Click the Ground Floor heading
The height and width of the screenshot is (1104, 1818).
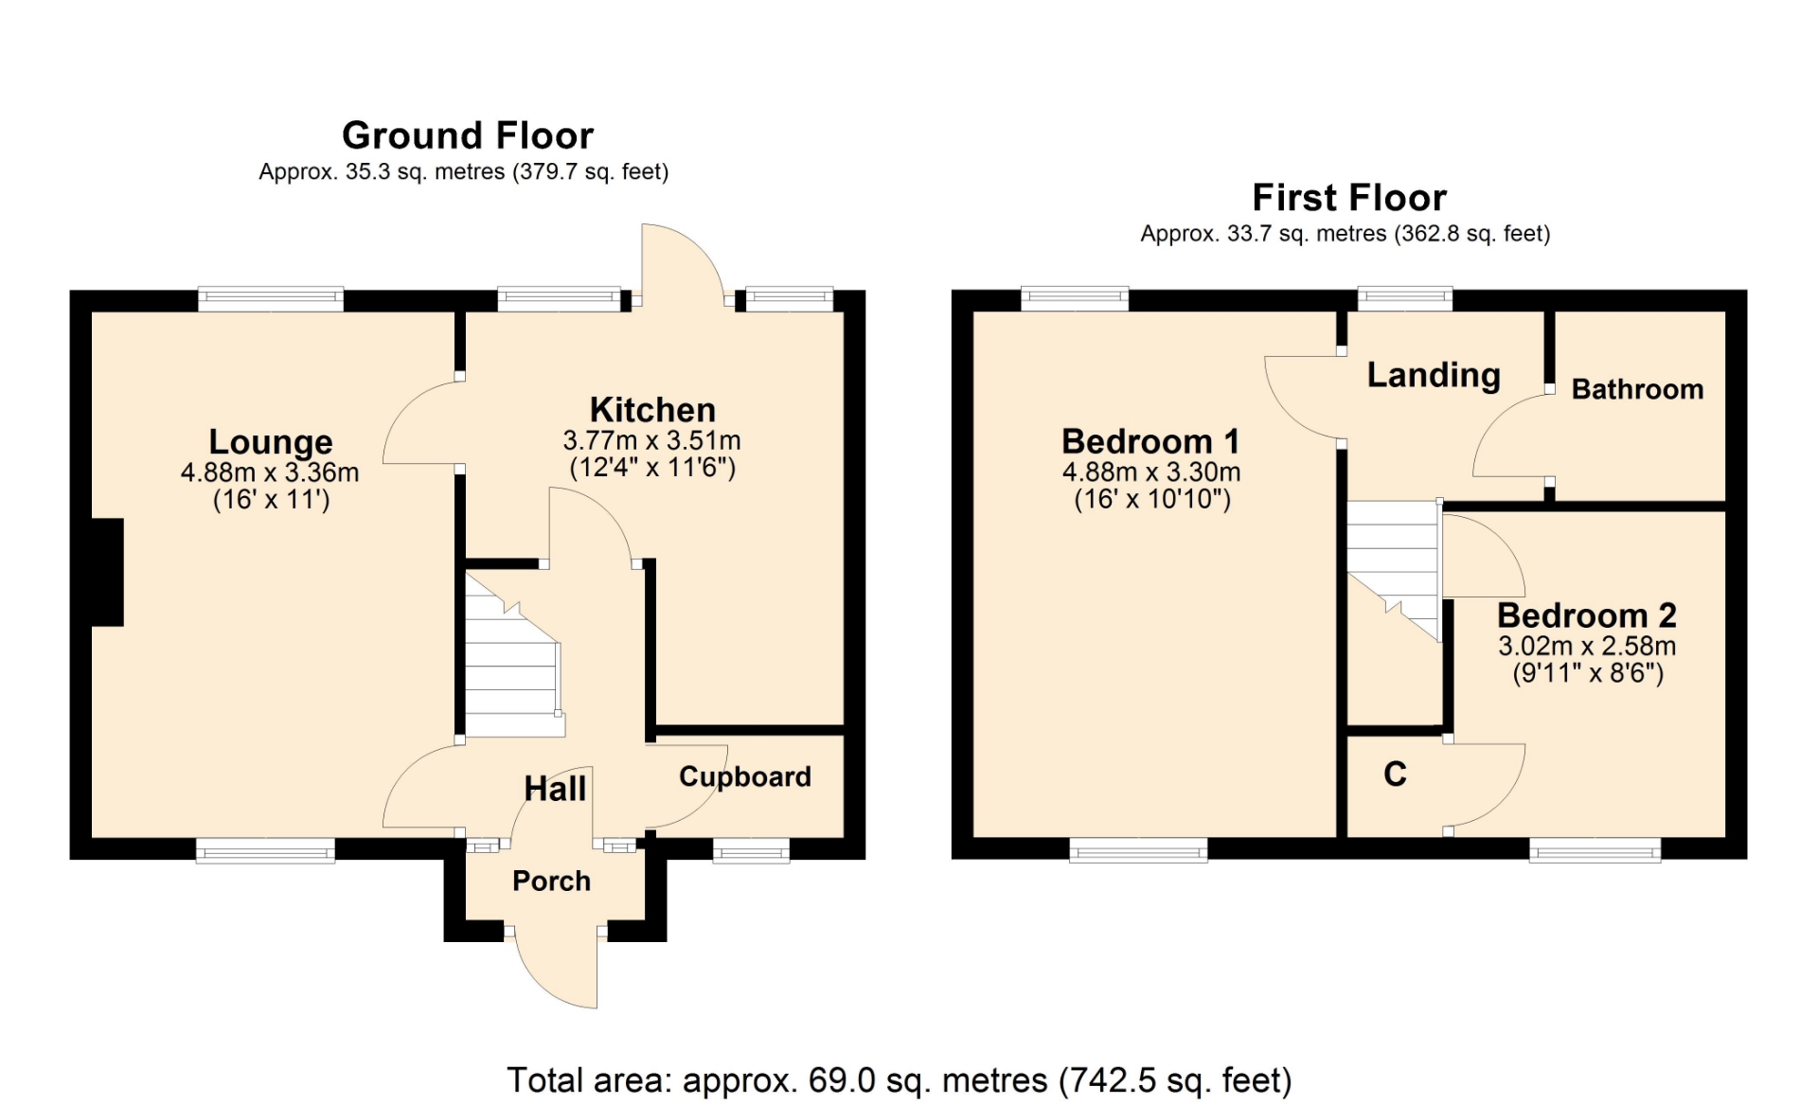pos(468,135)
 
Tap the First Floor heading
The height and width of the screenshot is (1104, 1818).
pos(1349,198)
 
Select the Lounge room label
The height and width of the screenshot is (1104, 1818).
pos(271,441)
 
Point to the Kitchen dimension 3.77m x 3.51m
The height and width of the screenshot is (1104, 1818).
pos(651,440)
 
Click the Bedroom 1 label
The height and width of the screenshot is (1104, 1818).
pos(1150,441)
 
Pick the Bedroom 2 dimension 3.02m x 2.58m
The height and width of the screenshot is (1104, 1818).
pos(1587,646)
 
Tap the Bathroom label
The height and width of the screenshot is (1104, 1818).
pos(1637,389)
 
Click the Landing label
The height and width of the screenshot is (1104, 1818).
pos(1434,375)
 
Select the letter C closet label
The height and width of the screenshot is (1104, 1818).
pos(1395,775)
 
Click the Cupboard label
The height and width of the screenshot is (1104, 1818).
pos(745,776)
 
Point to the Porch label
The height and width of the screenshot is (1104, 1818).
pos(551,881)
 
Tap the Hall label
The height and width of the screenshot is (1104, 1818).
pos(555,789)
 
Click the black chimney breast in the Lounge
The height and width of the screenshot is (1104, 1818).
pos(107,572)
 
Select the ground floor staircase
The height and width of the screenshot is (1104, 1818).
pos(512,653)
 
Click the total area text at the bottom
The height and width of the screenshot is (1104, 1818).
pos(900,1080)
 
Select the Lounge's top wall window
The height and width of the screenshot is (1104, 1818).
pos(271,299)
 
